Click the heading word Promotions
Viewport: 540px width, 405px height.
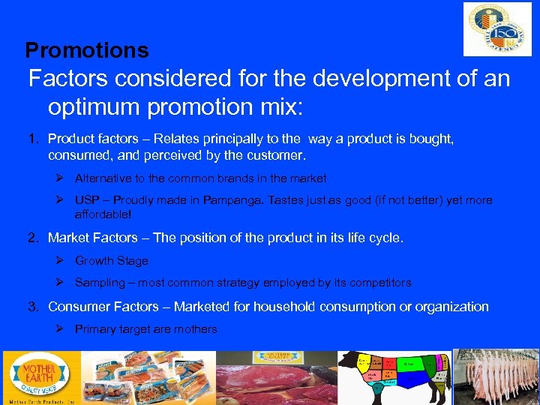(87, 50)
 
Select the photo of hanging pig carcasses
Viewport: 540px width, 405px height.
(496, 377)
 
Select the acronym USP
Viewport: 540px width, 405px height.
(86, 200)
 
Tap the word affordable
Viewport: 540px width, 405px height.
(102, 214)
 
